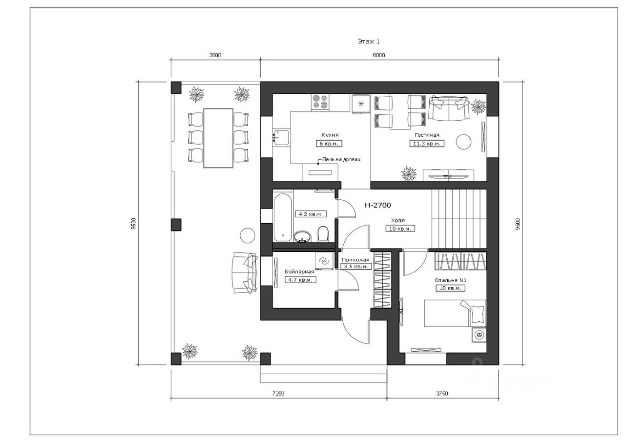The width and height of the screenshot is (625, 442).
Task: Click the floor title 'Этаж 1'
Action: tap(369, 42)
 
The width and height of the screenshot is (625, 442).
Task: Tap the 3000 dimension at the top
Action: tap(215, 55)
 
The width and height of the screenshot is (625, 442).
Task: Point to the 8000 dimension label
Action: tap(378, 55)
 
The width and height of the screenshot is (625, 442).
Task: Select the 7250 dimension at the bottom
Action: tap(278, 394)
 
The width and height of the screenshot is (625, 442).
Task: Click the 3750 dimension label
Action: tap(442, 394)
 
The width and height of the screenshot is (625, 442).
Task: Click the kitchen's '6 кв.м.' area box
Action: tap(329, 144)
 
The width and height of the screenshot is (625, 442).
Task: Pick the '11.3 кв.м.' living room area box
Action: tap(427, 144)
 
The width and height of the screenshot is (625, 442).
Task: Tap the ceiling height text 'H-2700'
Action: tap(378, 206)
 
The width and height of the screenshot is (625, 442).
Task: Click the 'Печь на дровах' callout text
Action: tap(341, 160)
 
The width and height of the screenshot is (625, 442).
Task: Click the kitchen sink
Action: tap(281, 137)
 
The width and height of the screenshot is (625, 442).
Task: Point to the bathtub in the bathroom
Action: tap(283, 217)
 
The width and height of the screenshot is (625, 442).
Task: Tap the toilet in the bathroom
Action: tap(323, 233)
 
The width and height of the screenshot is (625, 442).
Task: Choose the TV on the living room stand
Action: tap(448, 176)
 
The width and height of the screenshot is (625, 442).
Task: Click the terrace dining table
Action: tap(218, 138)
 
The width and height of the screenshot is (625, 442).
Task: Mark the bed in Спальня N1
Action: tap(455, 313)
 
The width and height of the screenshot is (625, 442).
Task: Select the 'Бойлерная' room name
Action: tap(299, 272)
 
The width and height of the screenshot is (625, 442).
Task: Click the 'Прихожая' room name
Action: tap(355, 260)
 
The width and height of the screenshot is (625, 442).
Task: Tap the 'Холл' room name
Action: tap(398, 220)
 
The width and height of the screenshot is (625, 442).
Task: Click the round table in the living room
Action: tap(463, 142)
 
